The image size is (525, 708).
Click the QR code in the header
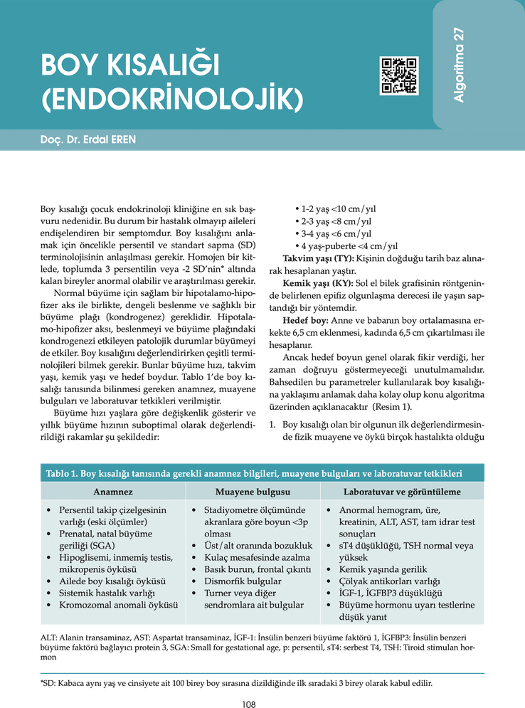(x=399, y=75)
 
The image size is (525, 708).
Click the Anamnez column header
(x=112, y=492)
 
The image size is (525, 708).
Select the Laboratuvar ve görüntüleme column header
(x=402, y=492)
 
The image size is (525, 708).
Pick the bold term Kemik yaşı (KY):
(x=317, y=282)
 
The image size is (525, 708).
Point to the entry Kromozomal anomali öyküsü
(x=118, y=604)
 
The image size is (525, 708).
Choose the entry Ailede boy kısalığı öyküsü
(x=112, y=581)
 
